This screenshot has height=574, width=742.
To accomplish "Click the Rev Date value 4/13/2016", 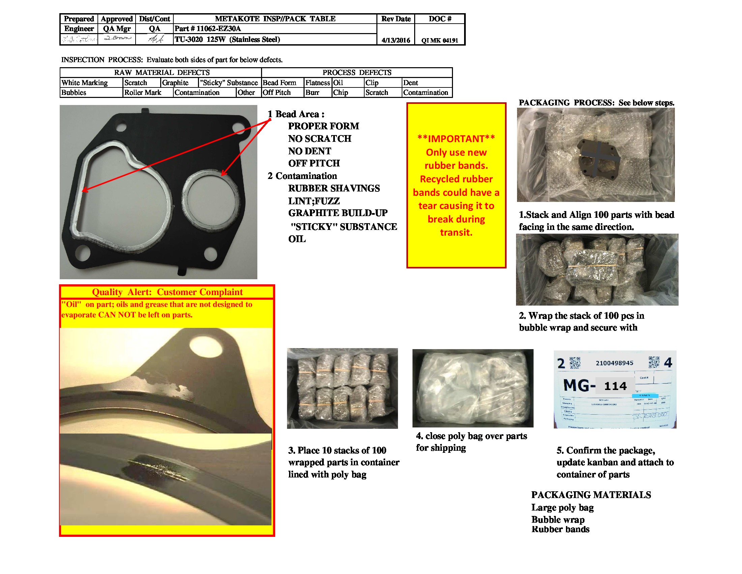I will pos(396,40).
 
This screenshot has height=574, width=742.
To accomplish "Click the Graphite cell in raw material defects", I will pos(175,83).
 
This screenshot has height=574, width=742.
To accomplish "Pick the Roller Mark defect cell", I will pos(143,93).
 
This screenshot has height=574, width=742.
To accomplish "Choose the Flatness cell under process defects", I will pos(317,83).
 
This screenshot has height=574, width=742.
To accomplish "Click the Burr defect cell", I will pos(312,93).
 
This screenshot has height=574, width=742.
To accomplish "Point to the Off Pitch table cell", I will pos(277,93).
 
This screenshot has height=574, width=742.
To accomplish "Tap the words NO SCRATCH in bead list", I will pos(319,138).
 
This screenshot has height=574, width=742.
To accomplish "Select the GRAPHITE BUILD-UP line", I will pos(338,213).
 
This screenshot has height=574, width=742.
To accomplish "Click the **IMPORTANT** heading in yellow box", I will pos(456,139).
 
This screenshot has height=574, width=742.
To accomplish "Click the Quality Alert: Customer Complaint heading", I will pos(167,292).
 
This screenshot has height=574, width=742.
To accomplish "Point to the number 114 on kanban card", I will pos(615,386).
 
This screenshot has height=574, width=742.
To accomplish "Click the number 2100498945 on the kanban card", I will pos(614,363).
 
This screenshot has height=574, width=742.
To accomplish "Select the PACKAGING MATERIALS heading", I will pos(591,495).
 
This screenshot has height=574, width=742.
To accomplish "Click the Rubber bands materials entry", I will pos(560,529).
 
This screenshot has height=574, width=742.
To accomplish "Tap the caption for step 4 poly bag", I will pos(471,441).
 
